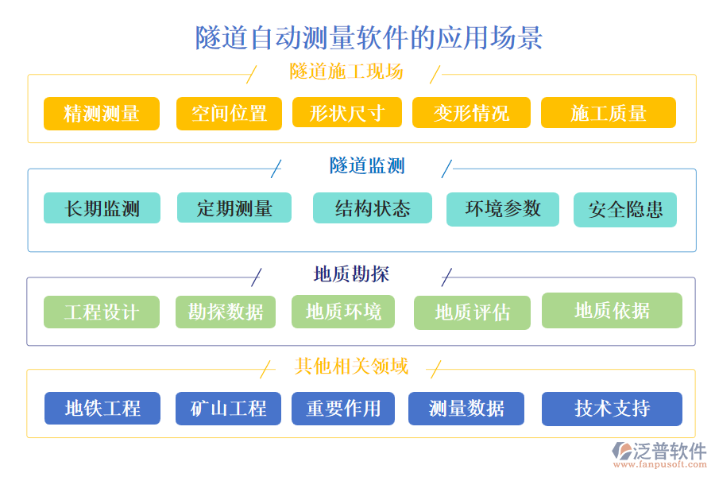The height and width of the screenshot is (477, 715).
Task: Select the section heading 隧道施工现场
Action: pos(346,72)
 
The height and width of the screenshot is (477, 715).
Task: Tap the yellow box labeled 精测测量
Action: pos(102,113)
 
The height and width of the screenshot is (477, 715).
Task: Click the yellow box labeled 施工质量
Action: pos(608,113)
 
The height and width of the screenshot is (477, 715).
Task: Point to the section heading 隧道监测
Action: pos(367,165)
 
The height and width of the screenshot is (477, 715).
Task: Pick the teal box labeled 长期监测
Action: pos(102,208)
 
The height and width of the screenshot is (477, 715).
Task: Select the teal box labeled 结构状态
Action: pos(372,208)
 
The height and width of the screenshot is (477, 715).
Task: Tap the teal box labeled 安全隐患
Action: pos(625,210)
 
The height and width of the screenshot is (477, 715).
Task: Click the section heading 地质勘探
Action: pos(351,274)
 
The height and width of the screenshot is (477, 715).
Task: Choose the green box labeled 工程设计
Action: pos(102,312)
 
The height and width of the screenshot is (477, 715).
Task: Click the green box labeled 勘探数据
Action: pos(226,312)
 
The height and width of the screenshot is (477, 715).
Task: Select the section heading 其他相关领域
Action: pos(351,366)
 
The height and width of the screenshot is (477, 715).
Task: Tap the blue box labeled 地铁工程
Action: pos(102,409)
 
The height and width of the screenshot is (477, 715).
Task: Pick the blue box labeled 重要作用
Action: pos(343,409)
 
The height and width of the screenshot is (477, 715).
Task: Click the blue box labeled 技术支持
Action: pos(612,409)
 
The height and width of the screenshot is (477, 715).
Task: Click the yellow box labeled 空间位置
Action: pos(229,113)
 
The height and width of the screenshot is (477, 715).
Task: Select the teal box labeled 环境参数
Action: pos(503,208)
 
